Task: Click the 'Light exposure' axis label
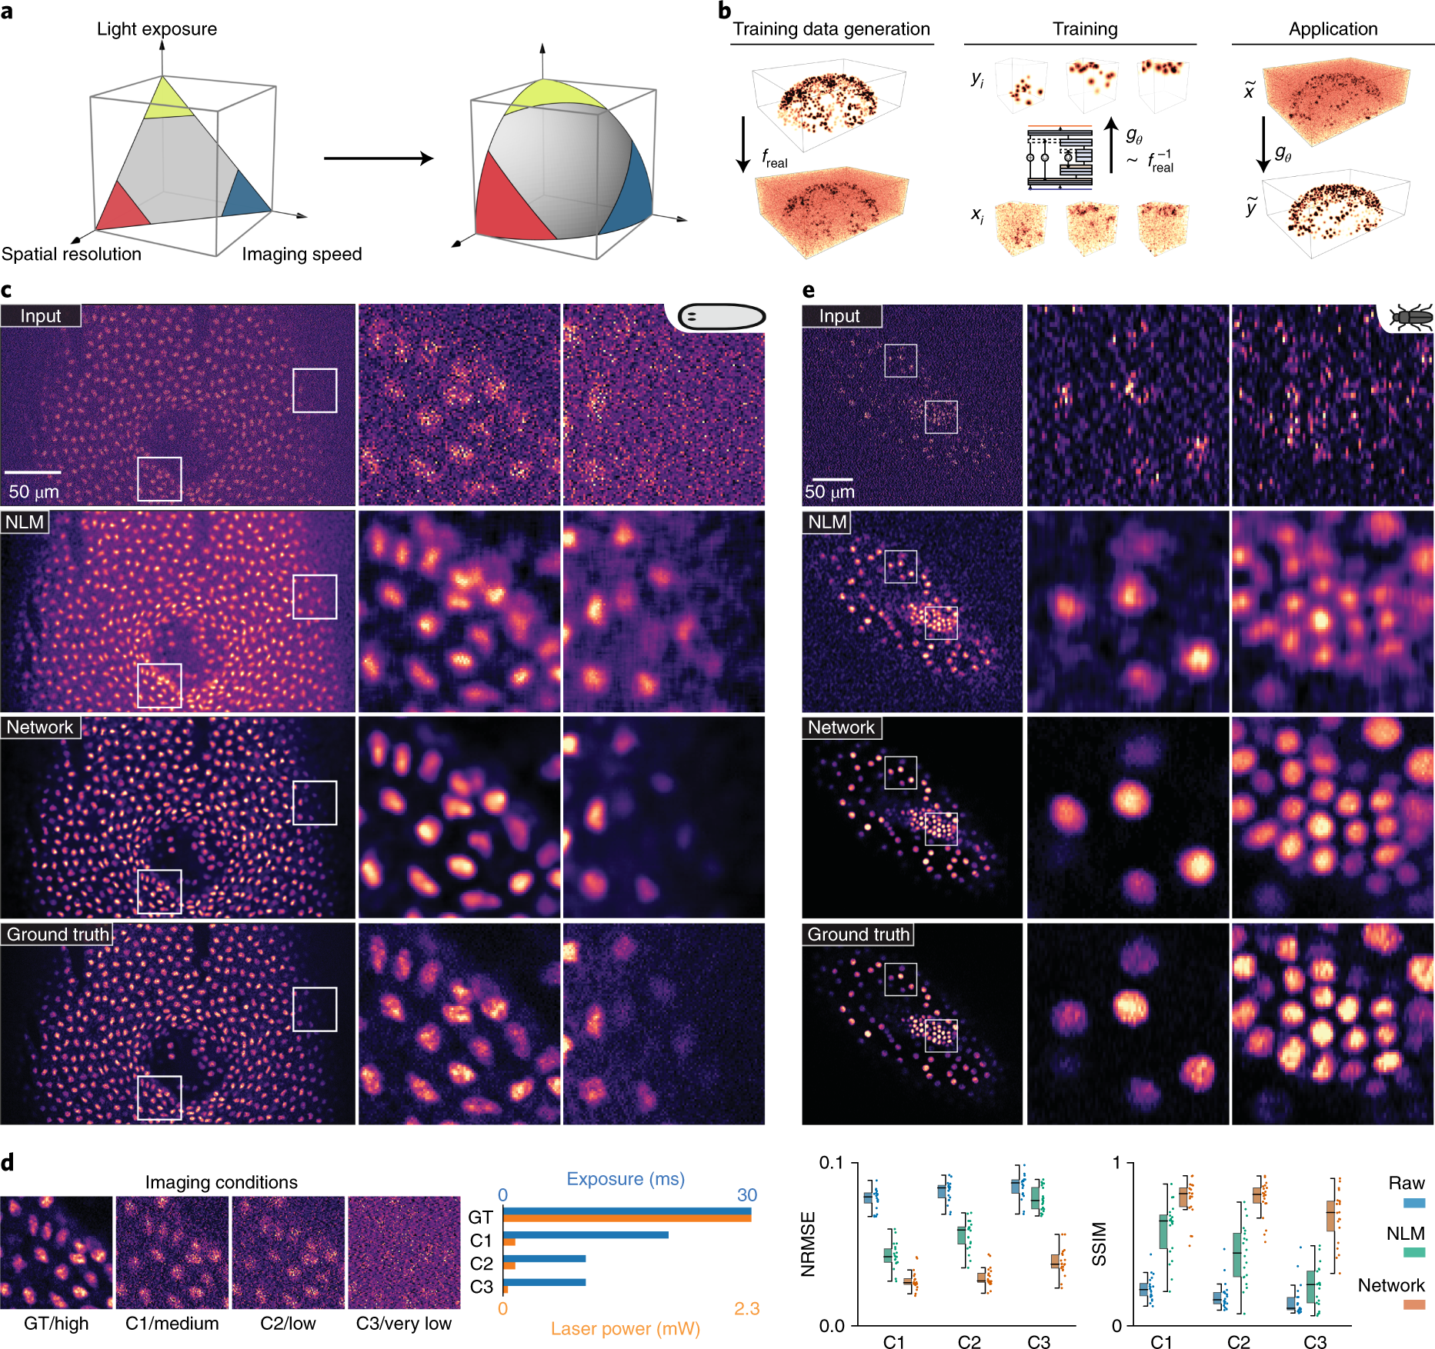pyautogui.click(x=157, y=29)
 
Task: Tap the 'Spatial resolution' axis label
pyautogui.click(x=72, y=255)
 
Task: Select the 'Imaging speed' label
pyautogui.click(x=302, y=255)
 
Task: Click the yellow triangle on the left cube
pyautogui.click(x=167, y=102)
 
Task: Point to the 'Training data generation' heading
pyautogui.click(x=831, y=29)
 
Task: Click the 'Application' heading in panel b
pyautogui.click(x=1333, y=29)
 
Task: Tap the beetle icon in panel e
pyautogui.click(x=1411, y=317)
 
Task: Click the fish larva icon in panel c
pyautogui.click(x=721, y=316)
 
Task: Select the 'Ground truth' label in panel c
pyautogui.click(x=58, y=934)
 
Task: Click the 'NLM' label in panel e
pyautogui.click(x=827, y=522)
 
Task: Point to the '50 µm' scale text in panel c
pyautogui.click(x=34, y=491)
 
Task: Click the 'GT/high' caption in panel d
pyautogui.click(x=56, y=1324)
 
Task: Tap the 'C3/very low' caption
pyautogui.click(x=403, y=1324)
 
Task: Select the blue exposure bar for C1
pyautogui.click(x=586, y=1235)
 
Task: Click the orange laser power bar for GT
pyautogui.click(x=627, y=1218)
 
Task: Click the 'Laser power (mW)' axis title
pyautogui.click(x=626, y=1329)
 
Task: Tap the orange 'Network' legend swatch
pyautogui.click(x=1413, y=1304)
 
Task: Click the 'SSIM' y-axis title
pyautogui.click(x=1100, y=1244)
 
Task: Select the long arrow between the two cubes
pyautogui.click(x=378, y=158)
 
